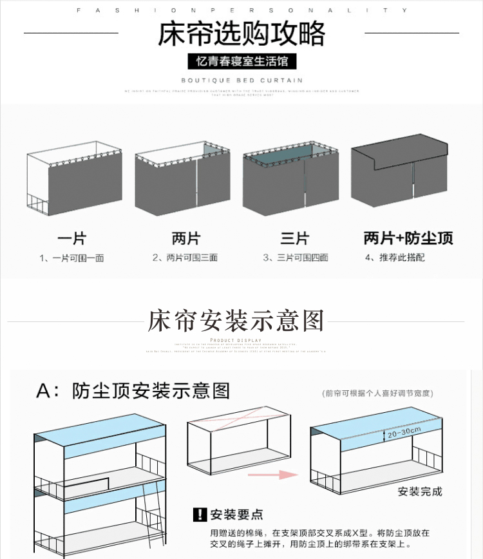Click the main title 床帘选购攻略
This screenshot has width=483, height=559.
pos(241,33)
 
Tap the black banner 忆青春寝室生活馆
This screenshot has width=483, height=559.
pos(241,61)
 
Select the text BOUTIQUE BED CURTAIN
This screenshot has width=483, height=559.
pos(241,81)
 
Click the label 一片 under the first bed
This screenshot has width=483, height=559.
pos(71,239)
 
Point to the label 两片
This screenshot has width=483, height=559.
pos(185,239)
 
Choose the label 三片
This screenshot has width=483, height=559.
pos(294,239)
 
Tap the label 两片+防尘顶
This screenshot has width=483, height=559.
pos(408,239)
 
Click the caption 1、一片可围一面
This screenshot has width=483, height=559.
pos(71,258)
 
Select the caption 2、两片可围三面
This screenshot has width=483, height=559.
pos(185,258)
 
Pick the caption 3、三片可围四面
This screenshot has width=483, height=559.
pos(296,258)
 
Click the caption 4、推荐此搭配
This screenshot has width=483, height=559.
pos(395,258)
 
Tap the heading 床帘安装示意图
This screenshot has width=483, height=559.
pos(236,320)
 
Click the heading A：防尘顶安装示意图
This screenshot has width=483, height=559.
pos(133,390)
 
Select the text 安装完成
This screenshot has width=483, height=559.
pos(420,491)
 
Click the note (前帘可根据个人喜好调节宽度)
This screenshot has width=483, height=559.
pos(378,393)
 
